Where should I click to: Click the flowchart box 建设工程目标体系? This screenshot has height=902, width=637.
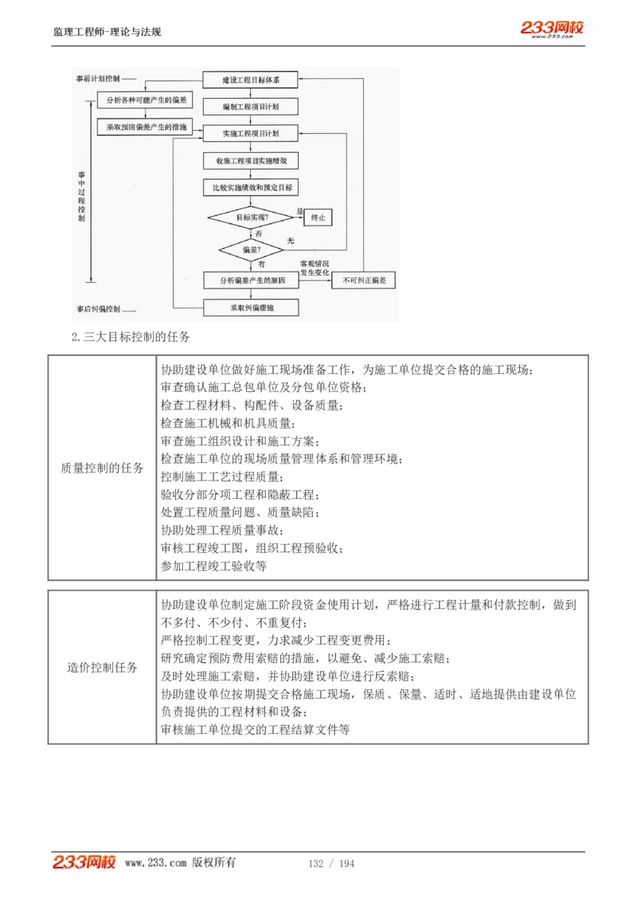coord(250,80)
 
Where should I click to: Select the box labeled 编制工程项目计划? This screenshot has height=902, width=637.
coord(250,106)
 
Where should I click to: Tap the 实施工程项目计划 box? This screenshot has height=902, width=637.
coord(250,132)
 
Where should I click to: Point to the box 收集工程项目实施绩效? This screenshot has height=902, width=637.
coord(250,161)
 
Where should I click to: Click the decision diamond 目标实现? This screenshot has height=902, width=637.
coord(252,217)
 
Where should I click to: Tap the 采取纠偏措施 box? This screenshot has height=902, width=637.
coord(250,307)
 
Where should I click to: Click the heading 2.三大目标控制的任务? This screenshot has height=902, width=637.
coord(131,336)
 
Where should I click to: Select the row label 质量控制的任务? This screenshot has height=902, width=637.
coord(102,468)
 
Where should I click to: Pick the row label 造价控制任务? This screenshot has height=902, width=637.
coord(102,667)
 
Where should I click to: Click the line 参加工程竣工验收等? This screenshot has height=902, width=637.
coord(213,567)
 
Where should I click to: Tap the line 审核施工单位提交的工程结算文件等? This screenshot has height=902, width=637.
coord(255,729)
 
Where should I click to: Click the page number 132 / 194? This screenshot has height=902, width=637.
coord(331,864)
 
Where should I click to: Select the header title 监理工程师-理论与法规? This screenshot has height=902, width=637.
coord(107,32)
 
